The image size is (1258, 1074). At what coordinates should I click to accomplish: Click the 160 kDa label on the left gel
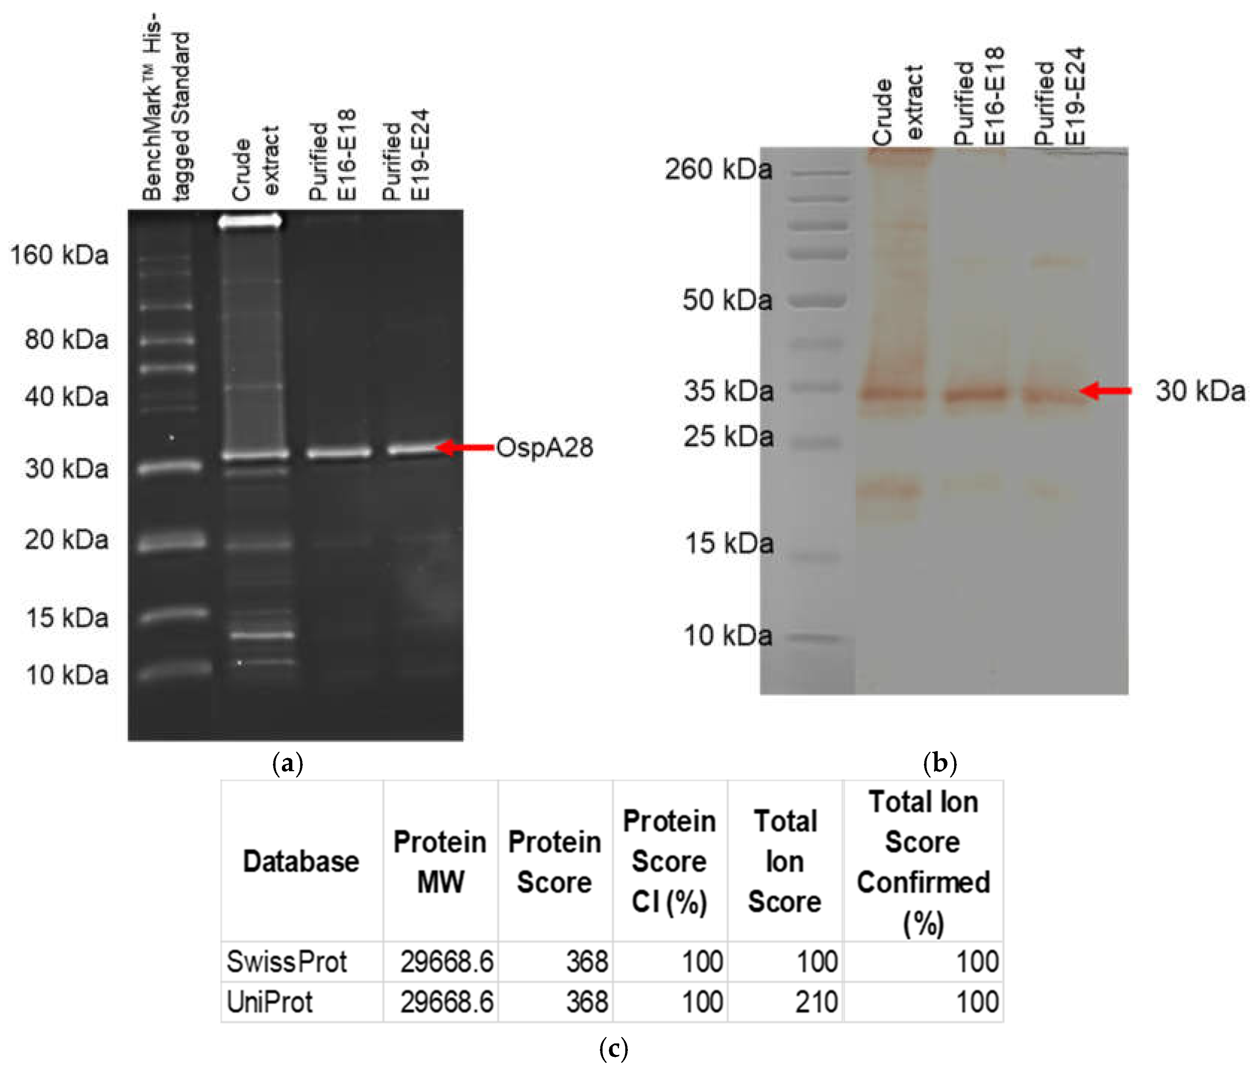click(59, 255)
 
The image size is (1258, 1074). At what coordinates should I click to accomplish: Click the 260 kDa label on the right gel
click(718, 169)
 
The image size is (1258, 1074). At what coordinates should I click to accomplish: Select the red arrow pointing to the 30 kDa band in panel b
click(1106, 391)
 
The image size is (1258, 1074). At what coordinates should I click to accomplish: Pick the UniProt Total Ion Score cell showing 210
click(816, 1001)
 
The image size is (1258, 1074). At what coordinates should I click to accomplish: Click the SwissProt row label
click(287, 962)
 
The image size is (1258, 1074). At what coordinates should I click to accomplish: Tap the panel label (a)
click(288, 763)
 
